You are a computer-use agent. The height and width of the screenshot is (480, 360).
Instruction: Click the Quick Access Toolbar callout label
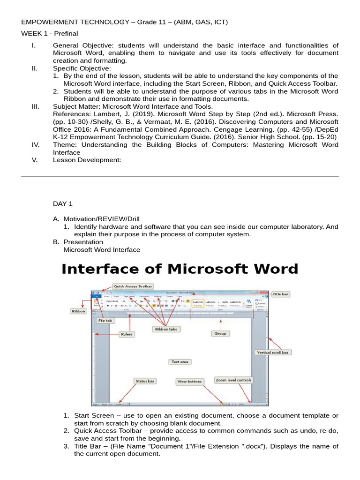pos(133,286)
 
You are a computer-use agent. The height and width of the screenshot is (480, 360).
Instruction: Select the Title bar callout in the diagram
pos(281,294)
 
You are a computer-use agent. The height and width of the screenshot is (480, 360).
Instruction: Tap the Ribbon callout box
pos(78,311)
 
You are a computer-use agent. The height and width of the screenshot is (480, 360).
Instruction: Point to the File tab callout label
pos(105,321)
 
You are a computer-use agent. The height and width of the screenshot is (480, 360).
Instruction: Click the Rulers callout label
pos(126,334)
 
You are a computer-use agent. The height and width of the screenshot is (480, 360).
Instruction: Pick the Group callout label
pos(220,334)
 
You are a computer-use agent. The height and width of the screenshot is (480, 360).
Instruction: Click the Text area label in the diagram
pos(180,362)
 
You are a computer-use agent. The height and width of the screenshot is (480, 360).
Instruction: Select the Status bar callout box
pos(145,381)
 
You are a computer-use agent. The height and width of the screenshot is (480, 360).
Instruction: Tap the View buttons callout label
pos(190,382)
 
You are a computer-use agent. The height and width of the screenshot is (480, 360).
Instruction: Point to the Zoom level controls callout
pos(233,380)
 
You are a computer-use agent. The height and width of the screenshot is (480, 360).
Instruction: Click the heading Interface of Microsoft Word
pos(180,269)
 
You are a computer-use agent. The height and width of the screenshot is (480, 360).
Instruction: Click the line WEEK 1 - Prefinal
pos(49,33)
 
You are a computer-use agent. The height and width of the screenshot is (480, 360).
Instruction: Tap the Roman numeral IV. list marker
pos(36,145)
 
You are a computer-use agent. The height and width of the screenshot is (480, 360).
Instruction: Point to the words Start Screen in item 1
pos(94,415)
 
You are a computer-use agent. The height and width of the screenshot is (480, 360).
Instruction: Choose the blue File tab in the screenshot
pos(96,296)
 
